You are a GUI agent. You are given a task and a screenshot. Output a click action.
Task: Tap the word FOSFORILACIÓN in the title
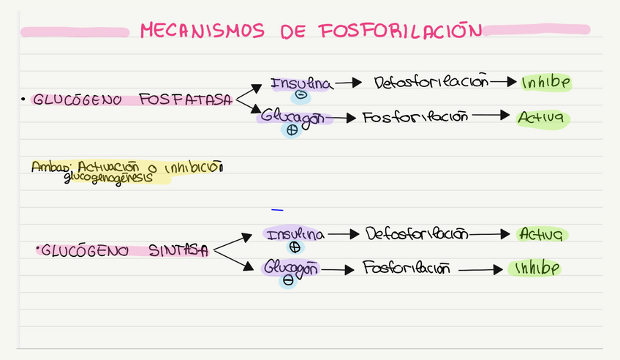[401, 31]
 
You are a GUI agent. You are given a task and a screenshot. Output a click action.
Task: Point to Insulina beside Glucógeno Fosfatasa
[301, 84]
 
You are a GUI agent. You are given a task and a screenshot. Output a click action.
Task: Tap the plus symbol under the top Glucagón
[292, 130]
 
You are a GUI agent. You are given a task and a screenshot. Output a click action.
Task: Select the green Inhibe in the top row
[545, 83]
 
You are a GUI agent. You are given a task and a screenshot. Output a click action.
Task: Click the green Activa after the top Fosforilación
[542, 117]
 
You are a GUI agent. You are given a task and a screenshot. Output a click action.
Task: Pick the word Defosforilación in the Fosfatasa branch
[430, 83]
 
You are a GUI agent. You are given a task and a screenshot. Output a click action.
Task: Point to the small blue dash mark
[277, 210]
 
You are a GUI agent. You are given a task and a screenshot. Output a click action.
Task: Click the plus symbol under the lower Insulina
[295, 247]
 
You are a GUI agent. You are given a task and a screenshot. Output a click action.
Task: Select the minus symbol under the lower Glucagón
[288, 280]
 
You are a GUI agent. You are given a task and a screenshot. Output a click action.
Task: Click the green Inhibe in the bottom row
[535, 269]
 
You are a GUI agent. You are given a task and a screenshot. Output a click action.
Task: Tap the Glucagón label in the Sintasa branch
[291, 267]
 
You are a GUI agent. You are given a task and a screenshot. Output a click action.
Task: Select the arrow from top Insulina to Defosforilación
[349, 83]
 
